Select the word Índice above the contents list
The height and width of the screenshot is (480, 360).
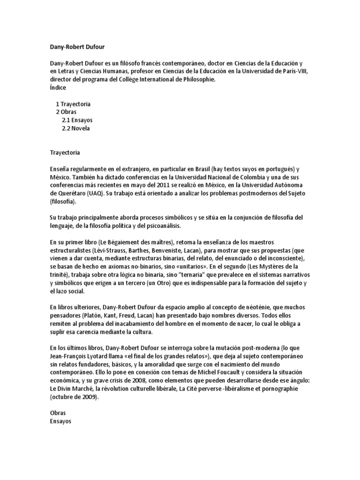click(58, 88)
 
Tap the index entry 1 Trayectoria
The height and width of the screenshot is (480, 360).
click(73, 104)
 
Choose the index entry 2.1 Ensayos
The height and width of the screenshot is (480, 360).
click(77, 120)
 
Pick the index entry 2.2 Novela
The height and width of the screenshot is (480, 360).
click(75, 128)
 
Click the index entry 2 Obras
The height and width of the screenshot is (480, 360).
click(66, 112)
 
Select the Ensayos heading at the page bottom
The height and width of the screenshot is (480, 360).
click(60, 421)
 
